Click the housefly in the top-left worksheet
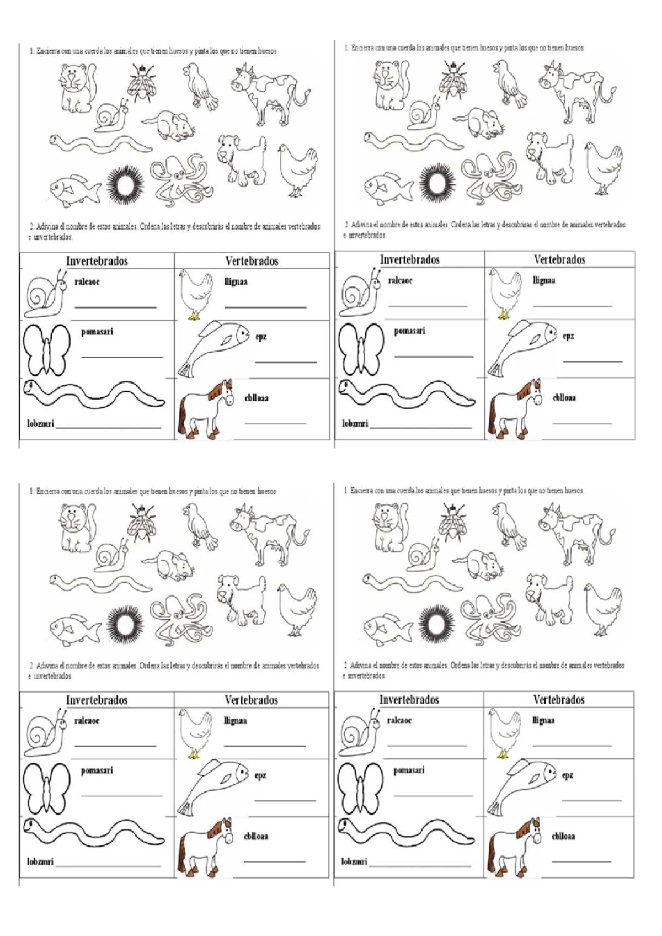[x=141, y=83]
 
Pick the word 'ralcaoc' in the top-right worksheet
[x=400, y=280]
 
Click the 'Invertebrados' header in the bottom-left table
[x=97, y=700]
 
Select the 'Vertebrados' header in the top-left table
[x=252, y=261]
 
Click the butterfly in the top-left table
[x=46, y=349]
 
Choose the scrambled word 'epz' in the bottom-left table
[x=260, y=775]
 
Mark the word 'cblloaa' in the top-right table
[x=564, y=397]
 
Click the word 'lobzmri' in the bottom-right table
[x=354, y=861]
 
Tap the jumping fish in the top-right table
[x=521, y=346]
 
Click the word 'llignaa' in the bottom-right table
[x=543, y=720]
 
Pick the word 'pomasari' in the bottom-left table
[x=97, y=770]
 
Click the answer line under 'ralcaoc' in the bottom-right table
[x=426, y=746]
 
